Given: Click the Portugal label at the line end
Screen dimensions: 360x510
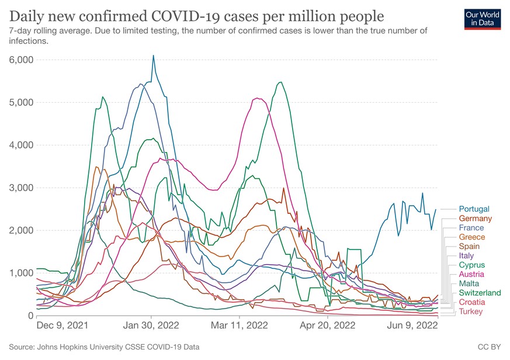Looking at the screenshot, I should tap(474, 209).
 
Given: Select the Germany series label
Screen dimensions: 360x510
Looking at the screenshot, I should tap(476, 219).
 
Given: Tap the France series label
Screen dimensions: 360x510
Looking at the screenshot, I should tap(471, 228).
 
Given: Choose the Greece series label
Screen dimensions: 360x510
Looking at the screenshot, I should tap(471, 237).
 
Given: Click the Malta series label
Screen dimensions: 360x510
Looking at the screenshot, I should tap(469, 283).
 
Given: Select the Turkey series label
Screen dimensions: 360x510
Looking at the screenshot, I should tap(471, 311).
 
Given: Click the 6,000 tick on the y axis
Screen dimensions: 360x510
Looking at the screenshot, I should tap(22, 60).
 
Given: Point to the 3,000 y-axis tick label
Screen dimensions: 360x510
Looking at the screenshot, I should tap(22, 188).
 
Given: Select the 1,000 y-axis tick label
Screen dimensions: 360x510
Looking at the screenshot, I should tap(22, 273).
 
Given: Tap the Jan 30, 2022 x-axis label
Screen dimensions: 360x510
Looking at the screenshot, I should tap(151, 325).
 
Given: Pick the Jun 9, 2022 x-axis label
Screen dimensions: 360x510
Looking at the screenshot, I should tap(414, 325).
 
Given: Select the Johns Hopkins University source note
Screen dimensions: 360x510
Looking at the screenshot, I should tap(104, 347).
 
